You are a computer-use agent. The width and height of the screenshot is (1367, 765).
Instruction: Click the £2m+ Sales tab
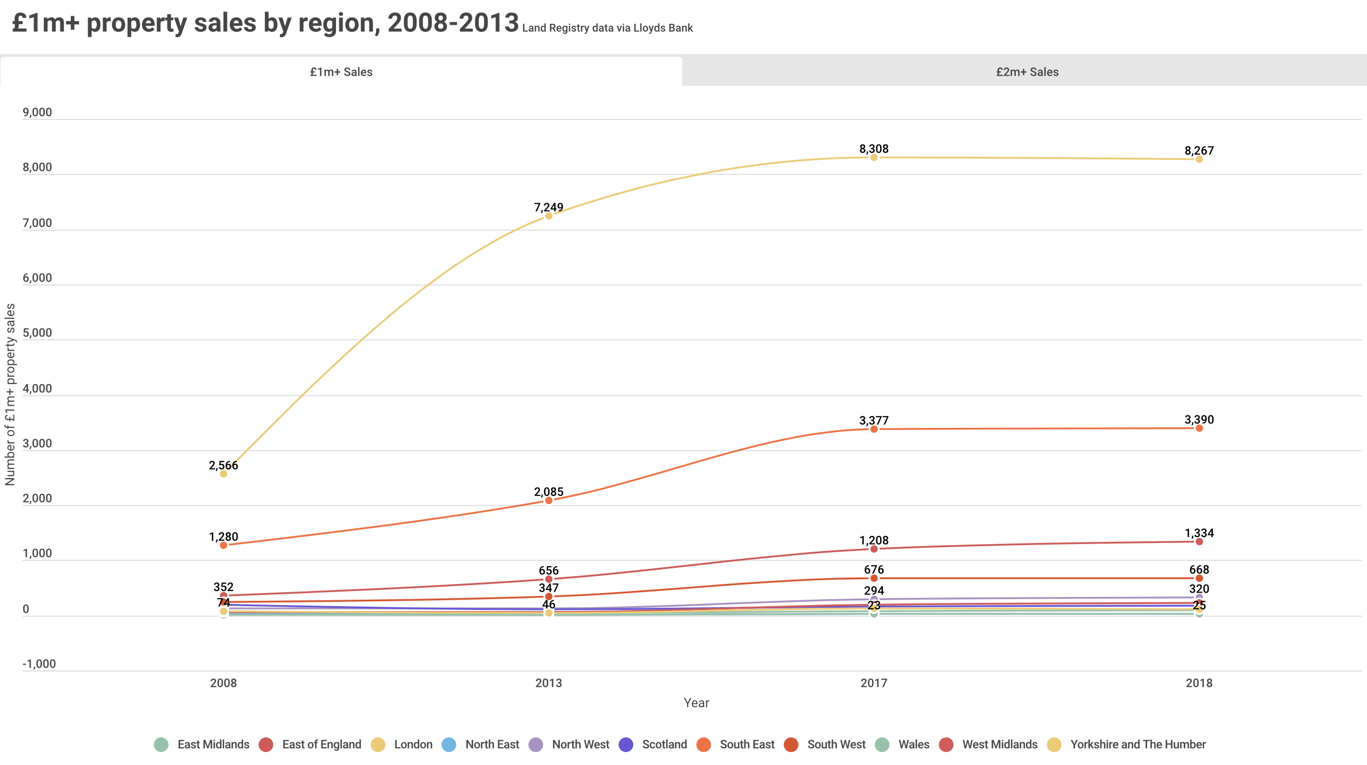click(1027, 72)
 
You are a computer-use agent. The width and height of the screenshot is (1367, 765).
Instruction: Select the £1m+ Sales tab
click(341, 72)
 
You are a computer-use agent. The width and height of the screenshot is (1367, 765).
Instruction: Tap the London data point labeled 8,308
click(874, 157)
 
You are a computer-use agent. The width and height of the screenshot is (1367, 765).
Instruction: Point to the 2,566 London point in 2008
click(223, 474)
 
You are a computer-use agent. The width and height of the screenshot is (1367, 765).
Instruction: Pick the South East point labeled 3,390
click(1199, 428)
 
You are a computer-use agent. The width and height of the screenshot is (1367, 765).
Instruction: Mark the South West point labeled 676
click(874, 578)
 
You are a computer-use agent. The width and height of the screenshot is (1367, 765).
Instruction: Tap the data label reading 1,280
click(223, 536)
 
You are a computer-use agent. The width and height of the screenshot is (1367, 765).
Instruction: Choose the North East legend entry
click(481, 744)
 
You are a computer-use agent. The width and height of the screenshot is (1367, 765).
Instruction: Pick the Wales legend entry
click(903, 744)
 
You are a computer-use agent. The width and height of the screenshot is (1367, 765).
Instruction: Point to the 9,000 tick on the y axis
click(37, 112)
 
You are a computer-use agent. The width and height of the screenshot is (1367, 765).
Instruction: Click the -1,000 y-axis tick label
click(39, 664)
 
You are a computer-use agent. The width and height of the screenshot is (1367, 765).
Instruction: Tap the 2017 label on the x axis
click(874, 683)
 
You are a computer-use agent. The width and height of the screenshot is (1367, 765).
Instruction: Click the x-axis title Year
click(696, 703)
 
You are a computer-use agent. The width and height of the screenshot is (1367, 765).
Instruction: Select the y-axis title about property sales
click(10, 394)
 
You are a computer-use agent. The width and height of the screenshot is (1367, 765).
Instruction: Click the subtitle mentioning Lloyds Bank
click(607, 28)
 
